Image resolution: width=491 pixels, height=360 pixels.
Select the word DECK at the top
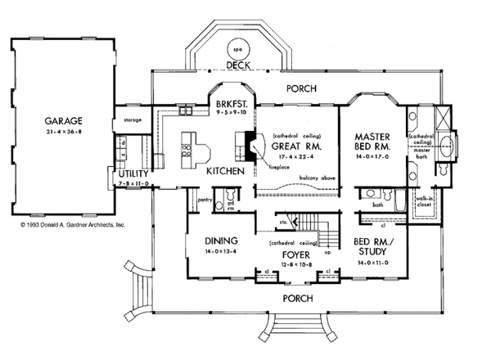coord(239,64)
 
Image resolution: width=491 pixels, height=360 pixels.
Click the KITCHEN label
coord(222,172)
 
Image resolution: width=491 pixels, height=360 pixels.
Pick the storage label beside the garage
coord(133,120)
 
